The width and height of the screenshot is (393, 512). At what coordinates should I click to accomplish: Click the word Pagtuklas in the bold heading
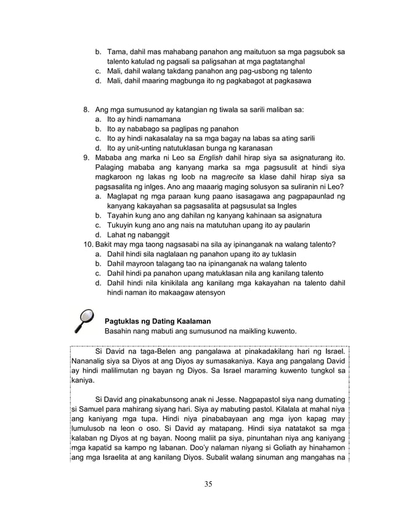124,321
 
